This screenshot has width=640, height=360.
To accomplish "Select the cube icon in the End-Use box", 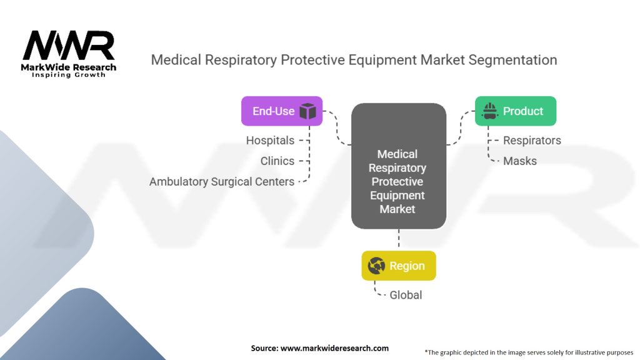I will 307,111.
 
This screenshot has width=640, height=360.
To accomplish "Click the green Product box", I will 515,111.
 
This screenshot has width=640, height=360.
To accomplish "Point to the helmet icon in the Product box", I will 490,111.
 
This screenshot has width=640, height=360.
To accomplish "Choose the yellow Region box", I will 398,266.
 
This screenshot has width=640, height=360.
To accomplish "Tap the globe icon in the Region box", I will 377,266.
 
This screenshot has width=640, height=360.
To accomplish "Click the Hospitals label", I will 270,141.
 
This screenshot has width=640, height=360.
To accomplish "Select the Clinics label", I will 277,161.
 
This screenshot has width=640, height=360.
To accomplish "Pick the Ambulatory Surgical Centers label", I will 222,181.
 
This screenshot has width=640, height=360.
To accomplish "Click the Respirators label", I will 532,141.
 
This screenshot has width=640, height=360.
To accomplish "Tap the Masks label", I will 520,161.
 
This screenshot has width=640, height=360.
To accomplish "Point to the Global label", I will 406,294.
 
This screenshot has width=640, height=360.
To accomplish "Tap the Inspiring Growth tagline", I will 69,75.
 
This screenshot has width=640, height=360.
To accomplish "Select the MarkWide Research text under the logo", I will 69,67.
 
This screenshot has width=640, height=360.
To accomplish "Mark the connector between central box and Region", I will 398,239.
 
